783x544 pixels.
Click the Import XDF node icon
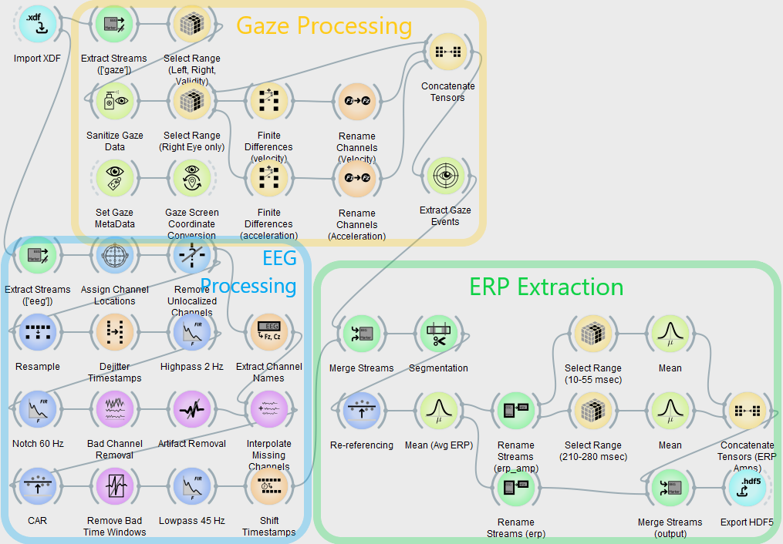click(37, 25)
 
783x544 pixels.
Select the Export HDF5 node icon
click(747, 489)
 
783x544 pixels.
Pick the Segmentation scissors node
click(438, 334)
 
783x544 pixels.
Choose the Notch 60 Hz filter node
click(37, 411)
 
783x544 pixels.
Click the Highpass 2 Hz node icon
click(191, 334)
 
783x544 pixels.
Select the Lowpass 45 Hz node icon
click(191, 488)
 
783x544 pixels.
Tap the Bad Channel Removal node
click(114, 411)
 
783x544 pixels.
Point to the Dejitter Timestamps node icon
click(114, 334)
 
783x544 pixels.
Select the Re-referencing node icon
click(361, 411)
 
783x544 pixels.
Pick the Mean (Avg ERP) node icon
click(438, 411)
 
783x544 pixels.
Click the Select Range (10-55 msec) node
click(592, 334)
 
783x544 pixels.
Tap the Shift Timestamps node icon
click(268, 488)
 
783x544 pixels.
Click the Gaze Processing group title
click(324, 26)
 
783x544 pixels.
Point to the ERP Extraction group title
click(546, 287)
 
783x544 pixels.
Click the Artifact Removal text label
click(192, 444)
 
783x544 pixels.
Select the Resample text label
click(38, 367)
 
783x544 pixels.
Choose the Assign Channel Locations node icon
click(114, 256)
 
